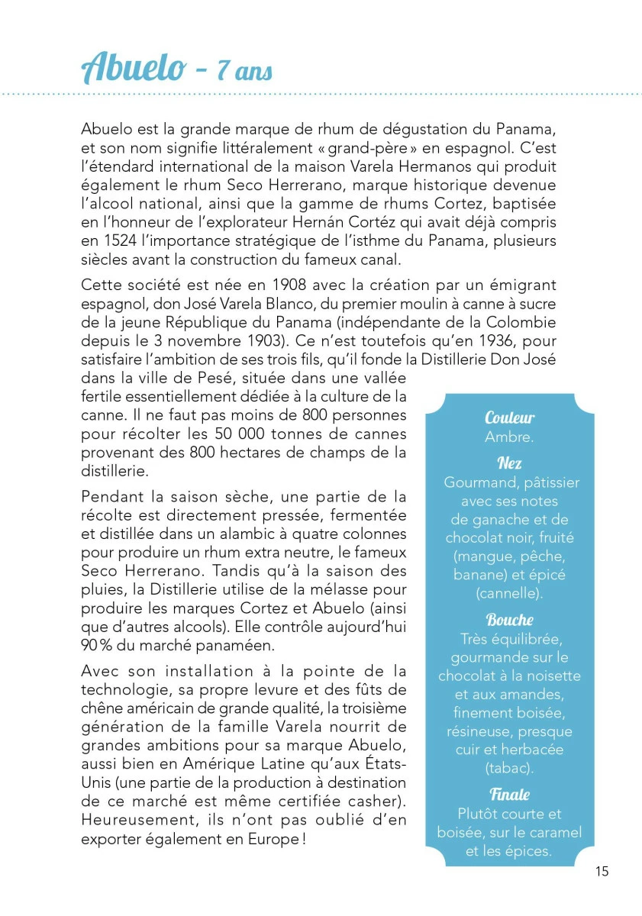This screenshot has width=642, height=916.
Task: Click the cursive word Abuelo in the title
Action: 133,69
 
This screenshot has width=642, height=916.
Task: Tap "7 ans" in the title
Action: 244,72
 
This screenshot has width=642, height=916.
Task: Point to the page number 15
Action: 602,871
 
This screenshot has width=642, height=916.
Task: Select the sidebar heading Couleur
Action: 509,418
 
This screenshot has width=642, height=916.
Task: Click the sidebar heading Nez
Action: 509,463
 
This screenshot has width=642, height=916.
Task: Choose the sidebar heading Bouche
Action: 509,619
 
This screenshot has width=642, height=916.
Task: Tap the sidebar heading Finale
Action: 509,794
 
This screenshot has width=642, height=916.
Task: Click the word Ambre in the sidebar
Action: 509,437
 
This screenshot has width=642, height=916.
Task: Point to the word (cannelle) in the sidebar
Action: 509,593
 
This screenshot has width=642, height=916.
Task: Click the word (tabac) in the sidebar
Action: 509,768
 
